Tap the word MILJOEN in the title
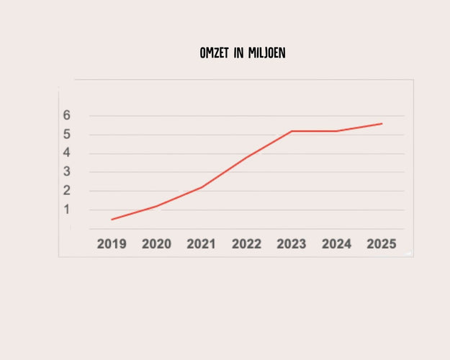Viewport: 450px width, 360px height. (x=266, y=53)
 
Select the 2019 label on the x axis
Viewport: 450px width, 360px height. (x=112, y=244)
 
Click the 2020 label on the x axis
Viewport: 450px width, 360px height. (x=156, y=244)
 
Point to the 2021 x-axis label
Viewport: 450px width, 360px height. (x=202, y=244)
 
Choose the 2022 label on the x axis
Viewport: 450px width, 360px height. (x=246, y=244)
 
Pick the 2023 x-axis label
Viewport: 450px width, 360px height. (x=292, y=244)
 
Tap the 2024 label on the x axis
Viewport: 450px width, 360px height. (x=336, y=244)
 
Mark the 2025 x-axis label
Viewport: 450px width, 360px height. (x=382, y=244)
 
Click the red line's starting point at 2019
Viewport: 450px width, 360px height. (x=112, y=220)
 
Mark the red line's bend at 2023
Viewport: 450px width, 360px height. (x=292, y=131)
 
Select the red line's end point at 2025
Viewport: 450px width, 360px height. (x=382, y=123)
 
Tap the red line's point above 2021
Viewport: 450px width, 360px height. (x=202, y=187)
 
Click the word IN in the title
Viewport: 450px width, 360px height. (x=238, y=53)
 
